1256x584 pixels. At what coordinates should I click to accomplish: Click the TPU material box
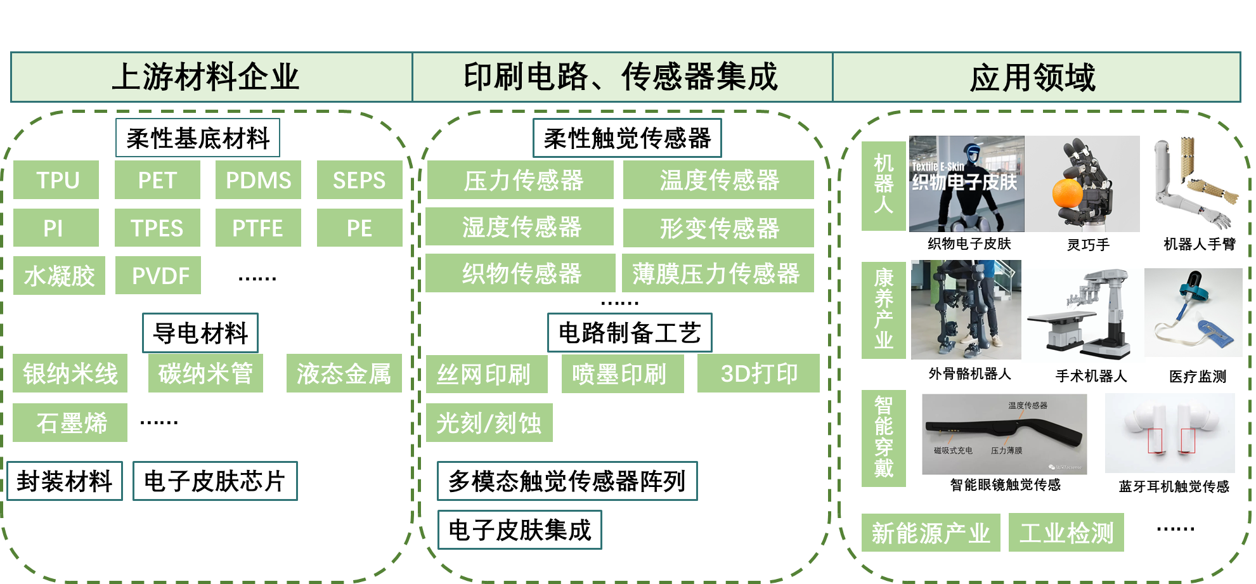pos(56,180)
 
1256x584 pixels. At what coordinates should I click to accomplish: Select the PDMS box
pos(258,180)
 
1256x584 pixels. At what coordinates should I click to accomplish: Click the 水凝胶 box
pos(59,275)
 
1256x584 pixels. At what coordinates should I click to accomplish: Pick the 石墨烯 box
pos(70,422)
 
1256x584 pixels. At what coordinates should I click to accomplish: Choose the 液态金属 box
pos(344,373)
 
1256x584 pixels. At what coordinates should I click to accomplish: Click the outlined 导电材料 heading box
pos(200,333)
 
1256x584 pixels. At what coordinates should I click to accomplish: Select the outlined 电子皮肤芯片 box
pos(215,481)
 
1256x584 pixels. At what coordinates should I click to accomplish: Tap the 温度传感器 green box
pos(718,180)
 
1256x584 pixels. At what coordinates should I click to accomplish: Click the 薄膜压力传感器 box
pos(716,273)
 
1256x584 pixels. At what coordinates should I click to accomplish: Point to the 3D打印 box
pos(758,373)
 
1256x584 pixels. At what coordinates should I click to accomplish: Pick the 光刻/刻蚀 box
pos(489,422)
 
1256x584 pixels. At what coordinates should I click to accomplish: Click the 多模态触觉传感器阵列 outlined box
pos(567,481)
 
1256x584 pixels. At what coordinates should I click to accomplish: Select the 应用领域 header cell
pos(1037,77)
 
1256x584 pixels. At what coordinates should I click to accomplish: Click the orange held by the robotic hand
pos(1068,193)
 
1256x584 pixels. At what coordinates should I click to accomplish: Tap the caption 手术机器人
pos(1091,376)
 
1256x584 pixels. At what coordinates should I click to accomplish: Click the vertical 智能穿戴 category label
pos(884,438)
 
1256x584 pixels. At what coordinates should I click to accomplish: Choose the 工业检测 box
pos(1066,533)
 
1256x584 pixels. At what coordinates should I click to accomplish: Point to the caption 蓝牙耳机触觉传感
pos(1174,486)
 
